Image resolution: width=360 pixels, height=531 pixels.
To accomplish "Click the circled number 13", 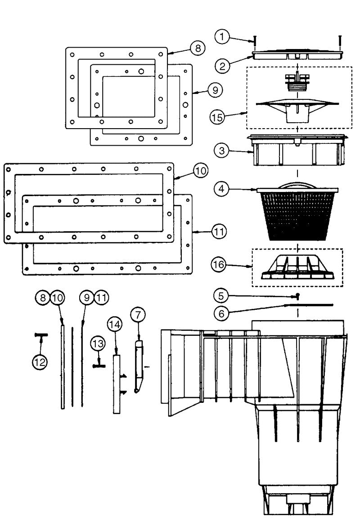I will (x=98, y=344).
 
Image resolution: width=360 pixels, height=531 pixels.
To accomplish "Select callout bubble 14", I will (x=115, y=325).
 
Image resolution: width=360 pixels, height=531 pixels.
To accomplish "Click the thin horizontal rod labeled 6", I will (x=310, y=305).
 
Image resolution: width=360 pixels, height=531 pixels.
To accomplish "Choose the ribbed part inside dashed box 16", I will (x=297, y=268).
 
